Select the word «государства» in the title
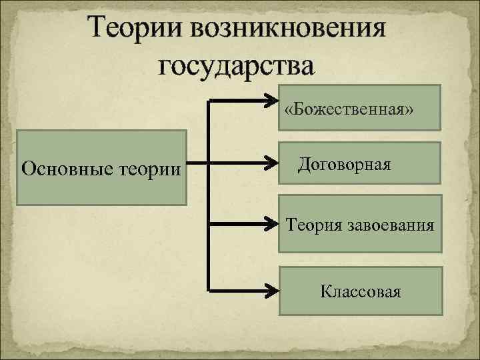[235, 65]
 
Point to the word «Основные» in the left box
[59, 168]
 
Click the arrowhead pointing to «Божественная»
[272, 102]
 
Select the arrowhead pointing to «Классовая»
[272, 291]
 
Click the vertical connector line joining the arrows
[209, 193]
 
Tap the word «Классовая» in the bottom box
[360, 291]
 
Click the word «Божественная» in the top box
[349, 109]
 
